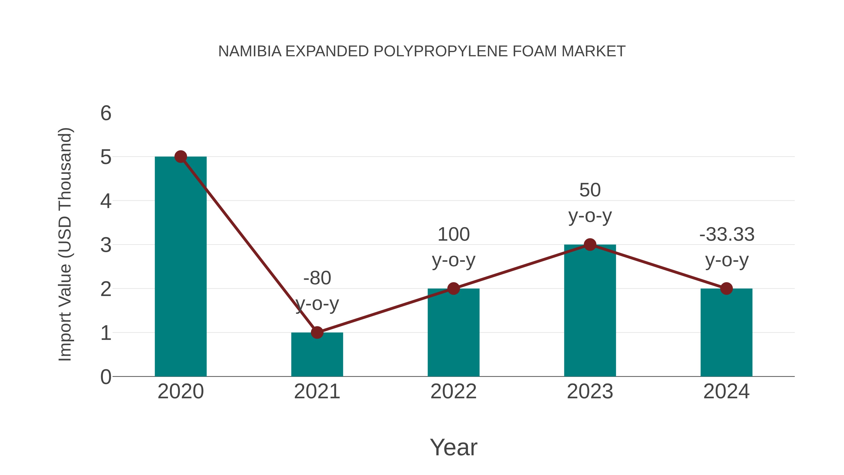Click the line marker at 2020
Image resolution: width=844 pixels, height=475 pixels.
[x=181, y=157]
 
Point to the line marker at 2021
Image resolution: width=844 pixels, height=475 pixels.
[x=317, y=332]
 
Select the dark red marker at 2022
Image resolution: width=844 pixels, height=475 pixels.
[x=453, y=289]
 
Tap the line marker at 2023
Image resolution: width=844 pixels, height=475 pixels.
[x=590, y=245]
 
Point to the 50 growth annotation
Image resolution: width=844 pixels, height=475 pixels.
[x=590, y=190]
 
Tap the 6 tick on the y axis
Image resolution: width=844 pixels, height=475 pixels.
[x=106, y=114]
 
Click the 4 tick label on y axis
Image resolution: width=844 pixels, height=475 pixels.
[x=106, y=201]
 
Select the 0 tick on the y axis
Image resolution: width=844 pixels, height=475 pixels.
[x=106, y=377]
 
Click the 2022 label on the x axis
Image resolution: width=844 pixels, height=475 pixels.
[x=453, y=391]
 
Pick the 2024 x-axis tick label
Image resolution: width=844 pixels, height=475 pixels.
[x=726, y=391]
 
